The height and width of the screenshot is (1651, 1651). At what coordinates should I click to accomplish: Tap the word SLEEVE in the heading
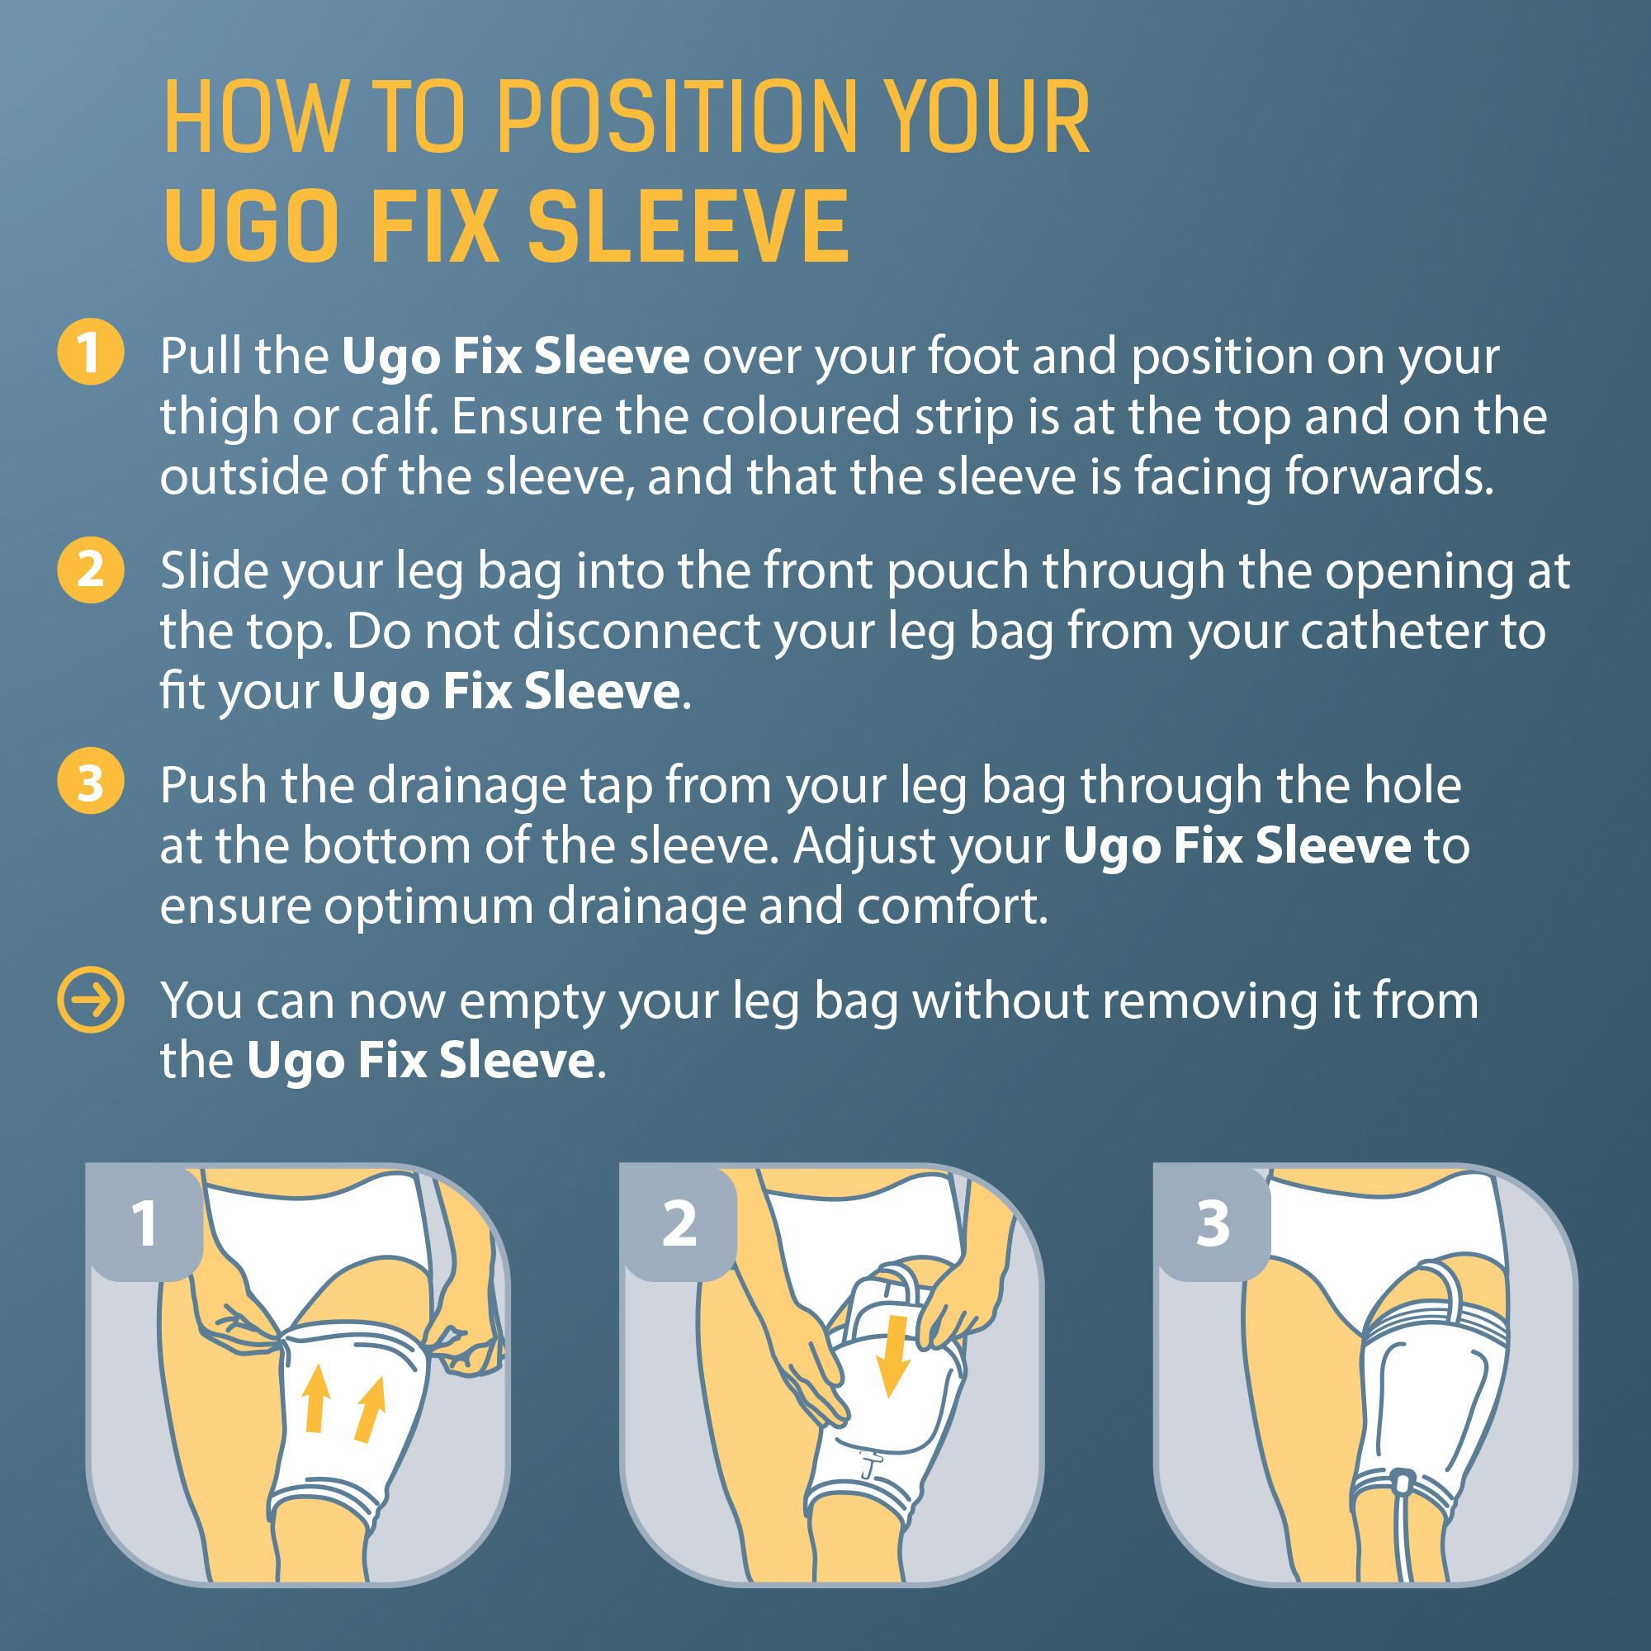[x=688, y=226]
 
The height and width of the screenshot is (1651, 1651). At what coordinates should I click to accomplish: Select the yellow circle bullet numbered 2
[x=91, y=569]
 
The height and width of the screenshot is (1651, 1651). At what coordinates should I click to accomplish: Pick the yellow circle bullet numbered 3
[x=91, y=782]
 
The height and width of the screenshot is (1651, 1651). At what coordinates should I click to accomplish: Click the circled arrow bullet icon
[x=91, y=999]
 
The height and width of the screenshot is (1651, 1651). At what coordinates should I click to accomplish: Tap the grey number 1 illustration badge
[x=145, y=1223]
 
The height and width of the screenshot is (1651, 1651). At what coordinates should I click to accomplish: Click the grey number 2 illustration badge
[x=679, y=1223]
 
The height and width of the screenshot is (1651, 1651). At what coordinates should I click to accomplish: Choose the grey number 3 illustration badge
[x=1213, y=1223]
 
